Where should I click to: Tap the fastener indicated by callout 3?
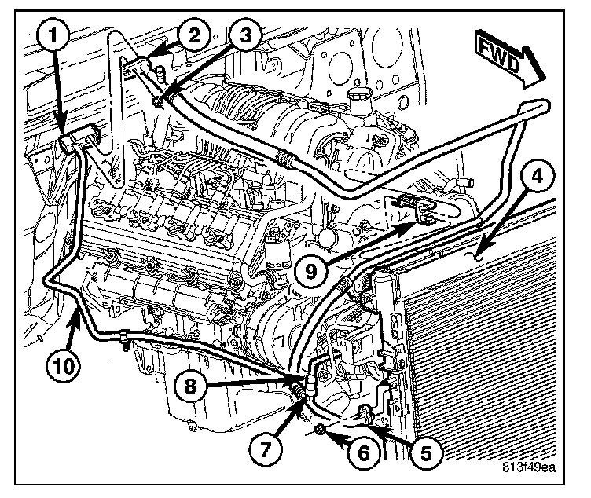point(160,98)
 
